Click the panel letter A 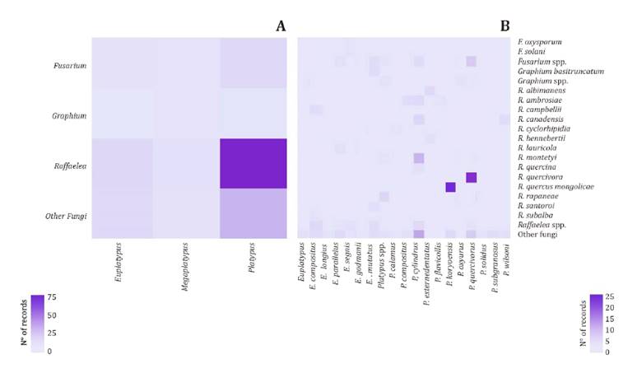(281, 26)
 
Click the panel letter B (504, 26)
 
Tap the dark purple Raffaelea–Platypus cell (253, 163)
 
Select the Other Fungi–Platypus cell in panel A (253, 214)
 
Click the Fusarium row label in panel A (70, 64)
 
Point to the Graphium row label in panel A (69, 115)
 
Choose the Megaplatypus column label (187, 262)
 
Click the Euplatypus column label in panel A (120, 261)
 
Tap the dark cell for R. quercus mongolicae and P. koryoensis (450, 187)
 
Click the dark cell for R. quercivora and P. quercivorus (471, 177)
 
